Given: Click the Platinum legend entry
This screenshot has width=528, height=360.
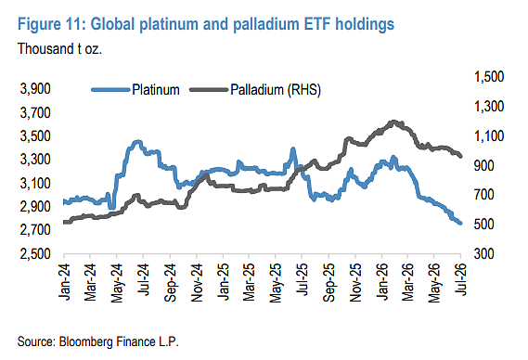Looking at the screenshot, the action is (x=135, y=90).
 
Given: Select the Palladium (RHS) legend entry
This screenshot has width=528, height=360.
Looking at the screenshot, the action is (x=255, y=90).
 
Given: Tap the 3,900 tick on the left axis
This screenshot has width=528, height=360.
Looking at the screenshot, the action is (x=35, y=89).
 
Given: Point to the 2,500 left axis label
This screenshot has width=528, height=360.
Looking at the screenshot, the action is (x=35, y=253).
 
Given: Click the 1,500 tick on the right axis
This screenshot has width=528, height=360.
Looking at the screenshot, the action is (x=489, y=77).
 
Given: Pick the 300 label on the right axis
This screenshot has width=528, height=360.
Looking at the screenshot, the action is (x=483, y=253).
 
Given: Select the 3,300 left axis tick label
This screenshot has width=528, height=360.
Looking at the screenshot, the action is (x=35, y=160).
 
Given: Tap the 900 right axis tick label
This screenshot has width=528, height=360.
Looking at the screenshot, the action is (x=483, y=165).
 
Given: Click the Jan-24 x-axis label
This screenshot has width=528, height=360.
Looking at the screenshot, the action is (x=64, y=281).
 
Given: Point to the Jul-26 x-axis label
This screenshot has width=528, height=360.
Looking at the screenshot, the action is (x=460, y=279).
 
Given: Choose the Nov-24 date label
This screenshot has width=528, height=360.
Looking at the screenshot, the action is (x=197, y=282).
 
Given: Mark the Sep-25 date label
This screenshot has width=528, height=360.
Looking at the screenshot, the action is (x=328, y=282).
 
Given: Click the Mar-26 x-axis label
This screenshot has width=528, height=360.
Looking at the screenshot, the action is (x=407, y=282).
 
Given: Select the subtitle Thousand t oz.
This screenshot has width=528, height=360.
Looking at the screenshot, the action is (x=59, y=49).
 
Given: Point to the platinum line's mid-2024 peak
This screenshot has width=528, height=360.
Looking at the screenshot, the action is (x=137, y=142).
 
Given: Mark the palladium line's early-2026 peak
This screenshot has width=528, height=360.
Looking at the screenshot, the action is (x=393, y=122).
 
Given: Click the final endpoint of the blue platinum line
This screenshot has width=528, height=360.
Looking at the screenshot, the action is (x=460, y=223).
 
